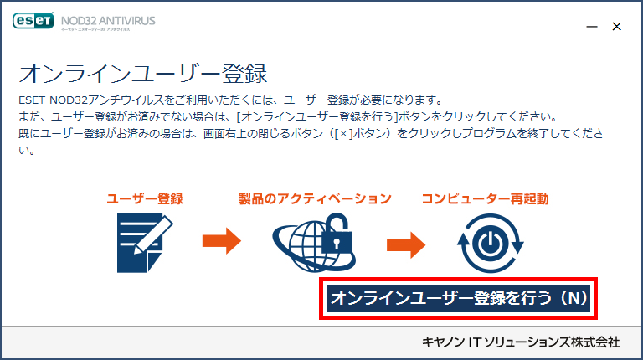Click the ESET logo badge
tap(33, 20)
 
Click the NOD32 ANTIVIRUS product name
tap(108, 20)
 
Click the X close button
tap(616, 26)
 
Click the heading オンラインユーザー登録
tap(143, 74)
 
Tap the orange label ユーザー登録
tap(145, 199)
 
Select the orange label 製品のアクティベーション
tap(315, 199)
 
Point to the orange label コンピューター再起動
tap(485, 199)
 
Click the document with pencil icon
tap(145, 242)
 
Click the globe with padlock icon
tap(314, 242)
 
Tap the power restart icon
tap(491, 243)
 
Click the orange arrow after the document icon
tap(221, 240)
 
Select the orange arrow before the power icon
tap(406, 244)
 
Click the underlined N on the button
tap(574, 298)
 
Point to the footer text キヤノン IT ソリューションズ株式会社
tap(521, 342)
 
